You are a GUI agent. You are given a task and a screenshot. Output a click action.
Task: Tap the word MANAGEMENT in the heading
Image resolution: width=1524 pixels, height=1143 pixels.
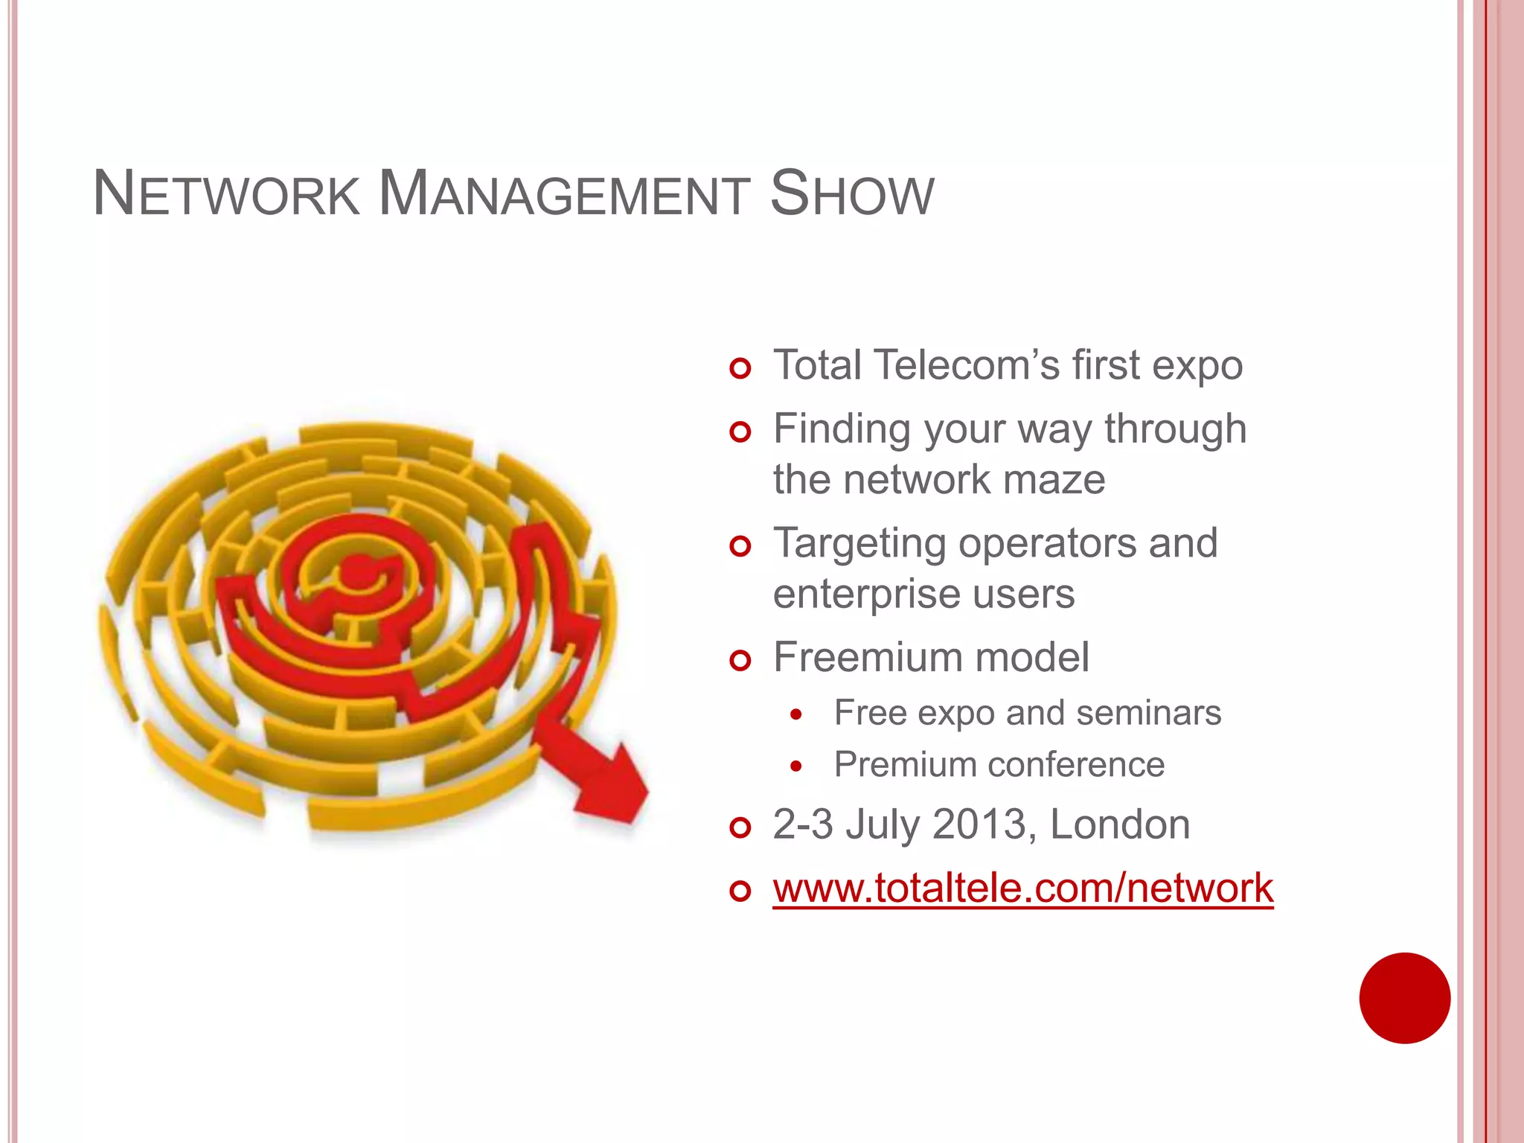point(563,195)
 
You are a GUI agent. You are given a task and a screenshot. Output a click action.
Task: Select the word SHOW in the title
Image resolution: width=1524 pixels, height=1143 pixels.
point(851,195)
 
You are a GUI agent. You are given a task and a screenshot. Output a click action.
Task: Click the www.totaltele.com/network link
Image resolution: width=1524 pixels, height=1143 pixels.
point(1022,889)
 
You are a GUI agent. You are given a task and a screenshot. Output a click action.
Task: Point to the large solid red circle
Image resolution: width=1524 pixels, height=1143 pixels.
point(1404,998)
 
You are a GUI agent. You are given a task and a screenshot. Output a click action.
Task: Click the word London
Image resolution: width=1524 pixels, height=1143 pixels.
point(1120,825)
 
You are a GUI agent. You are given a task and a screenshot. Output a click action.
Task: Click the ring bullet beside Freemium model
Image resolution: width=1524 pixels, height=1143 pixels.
point(740,660)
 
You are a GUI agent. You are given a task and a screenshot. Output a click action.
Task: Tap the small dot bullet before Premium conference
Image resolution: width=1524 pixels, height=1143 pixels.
point(796,766)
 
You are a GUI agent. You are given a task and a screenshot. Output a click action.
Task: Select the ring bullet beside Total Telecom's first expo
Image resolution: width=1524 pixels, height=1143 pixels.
point(740,368)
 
